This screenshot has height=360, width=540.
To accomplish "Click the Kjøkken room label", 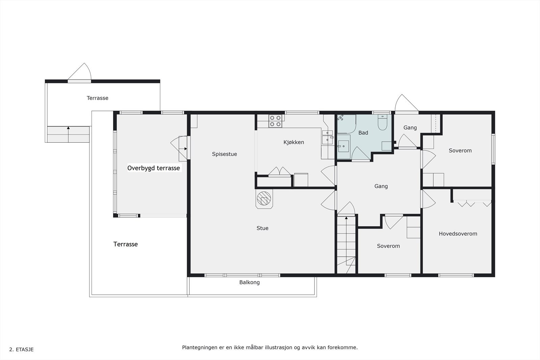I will pos(294,142).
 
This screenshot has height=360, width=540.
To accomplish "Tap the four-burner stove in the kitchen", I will pos(275,121).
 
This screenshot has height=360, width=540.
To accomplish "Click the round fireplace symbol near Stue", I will pos(264,198).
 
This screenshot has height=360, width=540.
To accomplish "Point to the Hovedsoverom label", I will pos(458,234).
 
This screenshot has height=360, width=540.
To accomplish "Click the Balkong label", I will pos(249,282).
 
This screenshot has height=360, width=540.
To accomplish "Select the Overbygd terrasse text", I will pos(154,168).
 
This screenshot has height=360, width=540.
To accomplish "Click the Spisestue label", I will pos(224,154).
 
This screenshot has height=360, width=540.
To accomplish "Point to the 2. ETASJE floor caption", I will pos(21,350).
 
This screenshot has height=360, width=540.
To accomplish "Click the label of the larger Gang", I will pos(381,186).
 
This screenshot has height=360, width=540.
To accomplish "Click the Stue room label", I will pos(262,228).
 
